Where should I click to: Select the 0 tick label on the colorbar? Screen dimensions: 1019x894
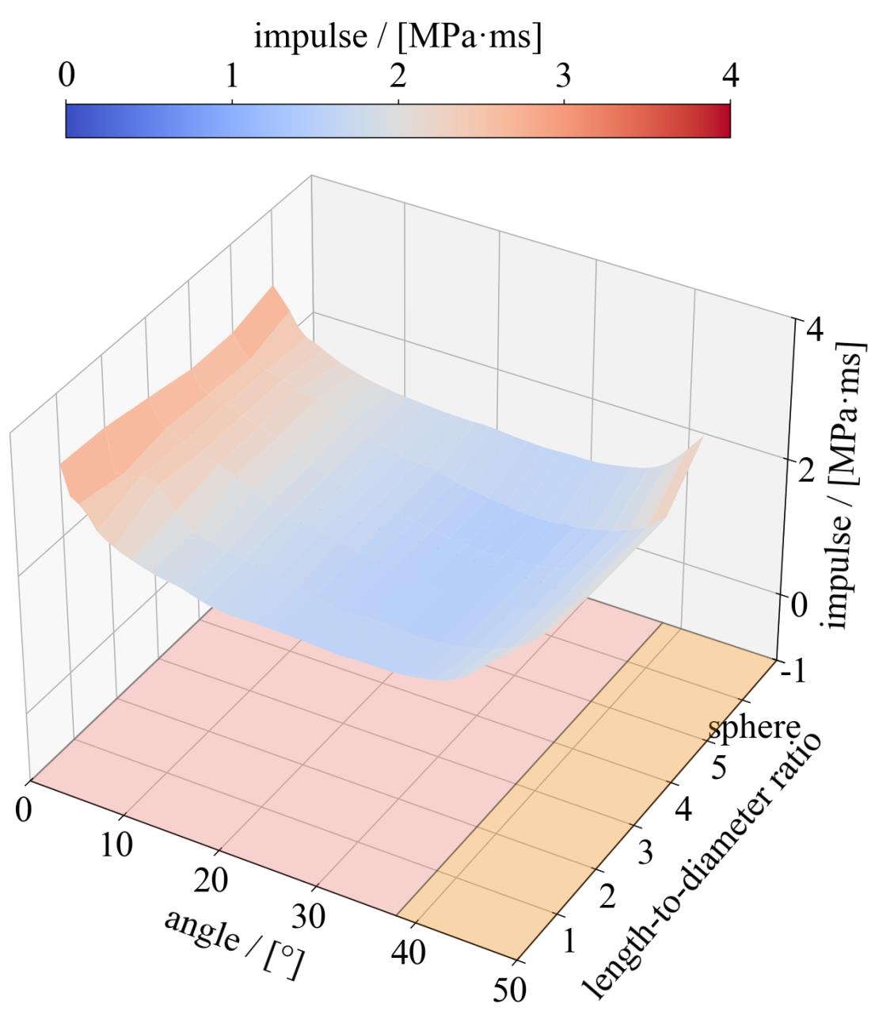pyautogui.click(x=67, y=76)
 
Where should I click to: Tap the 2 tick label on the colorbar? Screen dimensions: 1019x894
pyautogui.click(x=398, y=76)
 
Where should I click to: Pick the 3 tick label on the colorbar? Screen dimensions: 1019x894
pyautogui.click(x=563, y=76)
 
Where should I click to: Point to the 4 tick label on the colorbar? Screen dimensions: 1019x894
pyautogui.click(x=729, y=76)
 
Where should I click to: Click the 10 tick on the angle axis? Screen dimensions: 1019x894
pyautogui.click(x=117, y=845)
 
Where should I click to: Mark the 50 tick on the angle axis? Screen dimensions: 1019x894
pyautogui.click(x=508, y=988)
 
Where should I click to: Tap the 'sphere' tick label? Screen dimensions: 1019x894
pyautogui.click(x=754, y=727)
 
